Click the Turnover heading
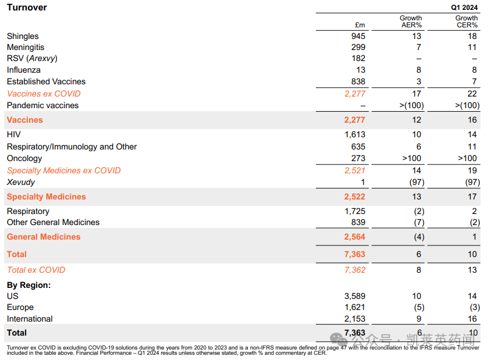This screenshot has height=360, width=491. (27, 8)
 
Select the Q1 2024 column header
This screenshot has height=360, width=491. (464, 8)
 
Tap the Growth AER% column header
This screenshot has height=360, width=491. (411, 22)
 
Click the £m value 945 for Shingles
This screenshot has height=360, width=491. (358, 36)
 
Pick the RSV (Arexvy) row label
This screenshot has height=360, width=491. (32, 58)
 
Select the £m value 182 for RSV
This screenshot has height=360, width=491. (358, 58)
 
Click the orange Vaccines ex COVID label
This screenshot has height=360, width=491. (44, 94)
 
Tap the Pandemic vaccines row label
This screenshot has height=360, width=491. (42, 105)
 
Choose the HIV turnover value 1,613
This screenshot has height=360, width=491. (354, 134)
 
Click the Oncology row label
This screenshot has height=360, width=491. (24, 158)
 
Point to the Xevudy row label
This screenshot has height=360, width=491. (21, 182)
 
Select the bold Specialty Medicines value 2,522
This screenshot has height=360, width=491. (354, 197)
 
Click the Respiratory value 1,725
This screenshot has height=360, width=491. (354, 211)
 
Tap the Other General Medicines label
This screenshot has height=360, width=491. (53, 222)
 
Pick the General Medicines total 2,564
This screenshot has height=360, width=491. (354, 237)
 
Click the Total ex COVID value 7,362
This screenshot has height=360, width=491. (354, 270)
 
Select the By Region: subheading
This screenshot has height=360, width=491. (29, 285)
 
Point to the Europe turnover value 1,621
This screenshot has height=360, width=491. (354, 307)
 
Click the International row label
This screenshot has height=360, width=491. (30, 319)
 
